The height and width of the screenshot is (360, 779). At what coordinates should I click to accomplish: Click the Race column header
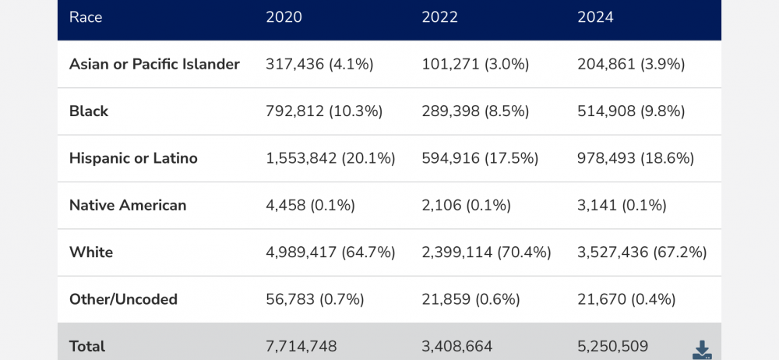click(x=86, y=17)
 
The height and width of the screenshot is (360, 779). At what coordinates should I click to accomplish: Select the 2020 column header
click(x=284, y=17)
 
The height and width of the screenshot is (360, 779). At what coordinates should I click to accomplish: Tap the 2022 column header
click(x=439, y=17)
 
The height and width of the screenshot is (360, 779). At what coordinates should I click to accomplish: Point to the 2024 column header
click(x=595, y=17)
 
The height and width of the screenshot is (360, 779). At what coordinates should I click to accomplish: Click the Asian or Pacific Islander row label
click(x=154, y=64)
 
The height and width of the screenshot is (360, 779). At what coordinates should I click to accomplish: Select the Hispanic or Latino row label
click(x=133, y=158)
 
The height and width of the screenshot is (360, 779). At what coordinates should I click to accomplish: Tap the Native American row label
click(x=128, y=205)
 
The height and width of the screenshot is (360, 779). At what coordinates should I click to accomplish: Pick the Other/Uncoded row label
click(x=123, y=299)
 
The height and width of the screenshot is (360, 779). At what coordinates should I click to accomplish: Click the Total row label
click(x=87, y=346)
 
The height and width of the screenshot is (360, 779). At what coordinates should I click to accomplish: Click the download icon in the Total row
click(x=702, y=350)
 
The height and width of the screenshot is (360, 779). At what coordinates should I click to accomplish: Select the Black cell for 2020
click(x=324, y=111)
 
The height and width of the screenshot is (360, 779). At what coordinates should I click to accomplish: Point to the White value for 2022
click(x=486, y=252)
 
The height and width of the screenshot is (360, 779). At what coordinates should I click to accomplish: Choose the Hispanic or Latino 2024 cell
click(x=636, y=158)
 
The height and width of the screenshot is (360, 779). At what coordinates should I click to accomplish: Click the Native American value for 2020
click(x=310, y=205)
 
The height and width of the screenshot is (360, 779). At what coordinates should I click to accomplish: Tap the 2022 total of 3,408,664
click(x=456, y=346)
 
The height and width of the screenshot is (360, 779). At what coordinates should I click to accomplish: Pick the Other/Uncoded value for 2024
click(x=626, y=299)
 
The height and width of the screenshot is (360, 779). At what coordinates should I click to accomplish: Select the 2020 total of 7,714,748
click(x=301, y=346)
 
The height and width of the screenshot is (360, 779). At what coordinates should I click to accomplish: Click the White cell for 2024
click(x=642, y=252)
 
